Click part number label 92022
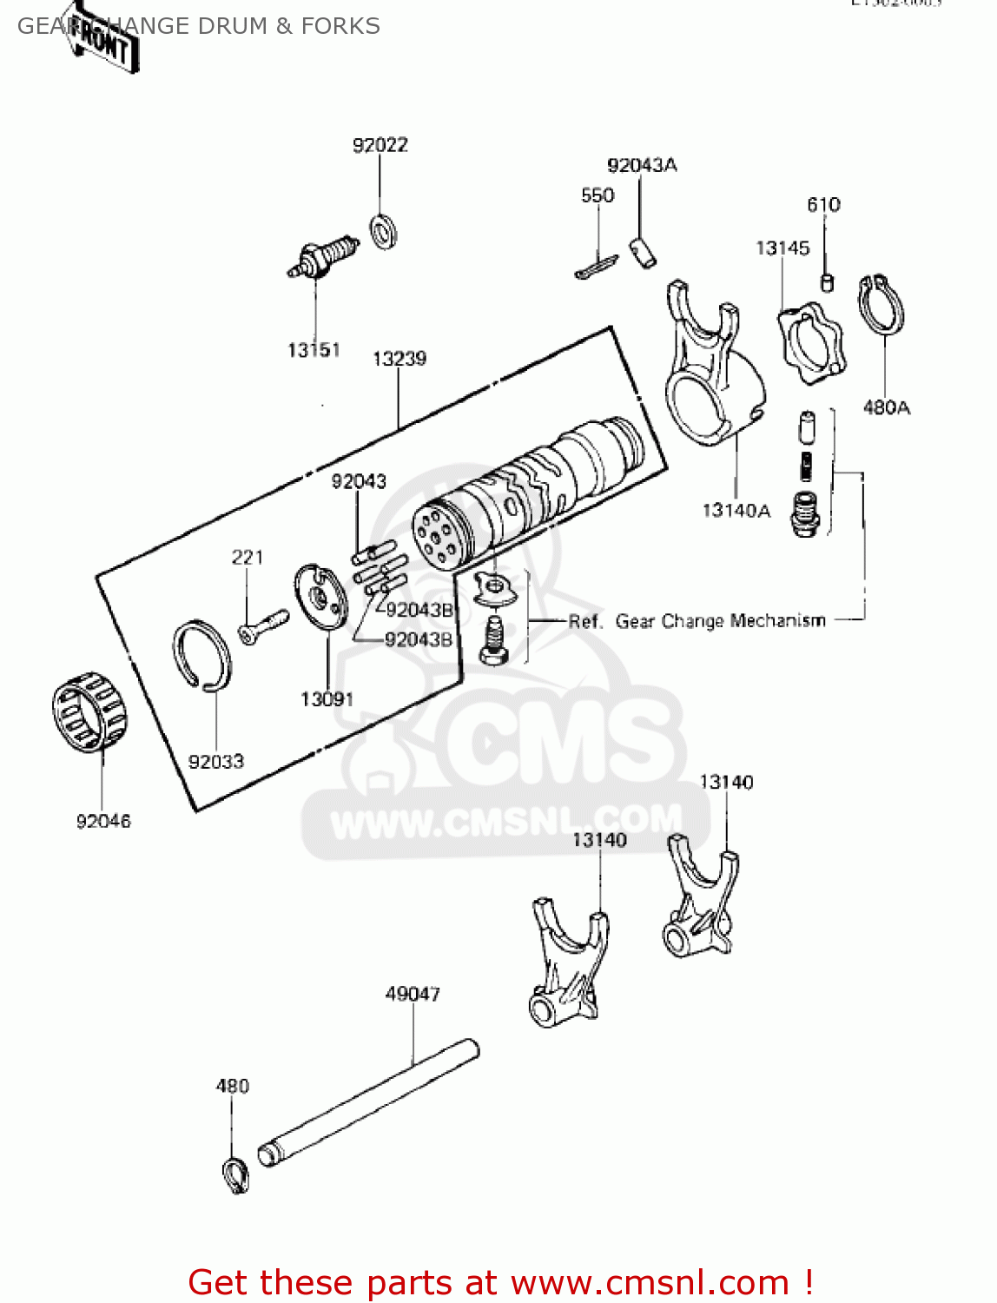tap(380, 145)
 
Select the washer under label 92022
tap(383, 231)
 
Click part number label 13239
tap(399, 359)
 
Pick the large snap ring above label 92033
tap(202, 657)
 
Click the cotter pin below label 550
tap(596, 267)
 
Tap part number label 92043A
tap(642, 165)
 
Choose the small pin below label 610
tap(827, 281)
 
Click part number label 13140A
tap(736, 511)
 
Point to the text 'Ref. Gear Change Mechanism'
tap(697, 621)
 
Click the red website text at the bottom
tap(500, 1282)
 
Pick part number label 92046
tap(103, 821)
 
